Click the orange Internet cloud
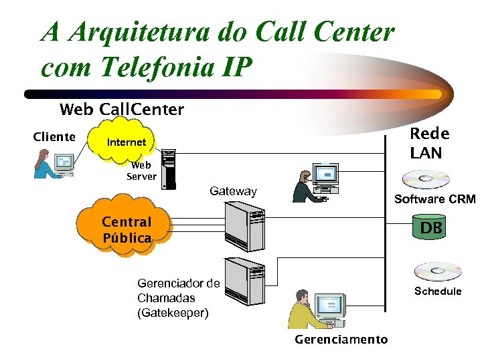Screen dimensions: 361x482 127,142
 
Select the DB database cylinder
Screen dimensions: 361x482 430,228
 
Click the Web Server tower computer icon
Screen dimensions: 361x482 168,168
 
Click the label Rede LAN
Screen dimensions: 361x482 428,143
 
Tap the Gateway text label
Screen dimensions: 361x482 233,191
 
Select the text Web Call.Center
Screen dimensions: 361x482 121,109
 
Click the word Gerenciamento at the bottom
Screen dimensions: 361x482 341,340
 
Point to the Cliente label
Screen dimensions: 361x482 54,137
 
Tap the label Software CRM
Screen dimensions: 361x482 434,199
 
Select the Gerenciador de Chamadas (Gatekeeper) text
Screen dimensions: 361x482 178,297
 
